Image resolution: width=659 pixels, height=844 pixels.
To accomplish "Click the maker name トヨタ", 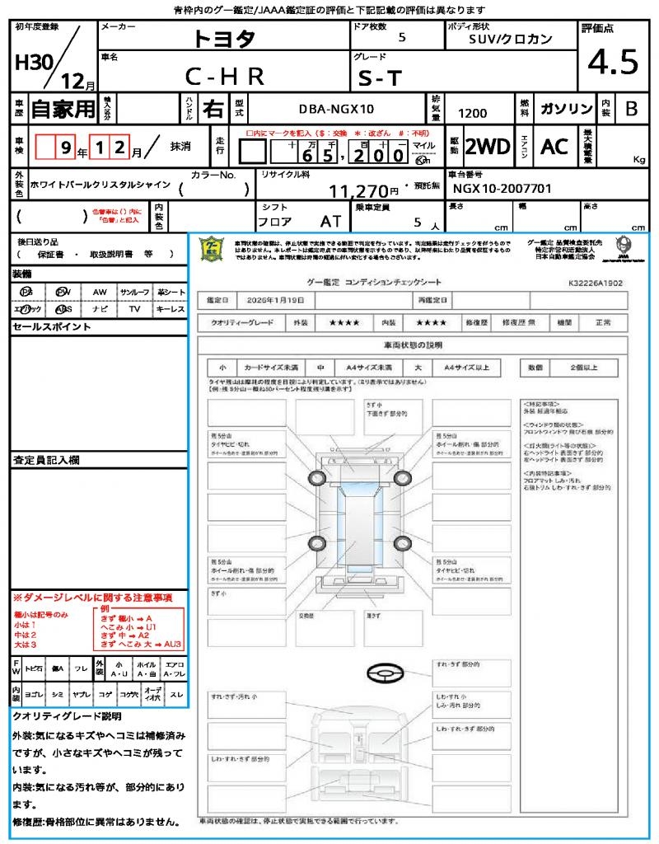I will tap(224, 39).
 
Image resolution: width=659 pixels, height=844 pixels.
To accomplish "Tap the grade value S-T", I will tap(380, 77).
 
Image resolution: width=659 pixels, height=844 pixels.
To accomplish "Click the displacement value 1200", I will tap(472, 114).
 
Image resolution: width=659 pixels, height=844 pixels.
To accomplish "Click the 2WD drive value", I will tap(488, 147).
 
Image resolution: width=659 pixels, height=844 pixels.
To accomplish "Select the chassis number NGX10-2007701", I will tap(502, 189).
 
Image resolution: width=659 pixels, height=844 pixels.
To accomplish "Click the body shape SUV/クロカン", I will tap(511, 39).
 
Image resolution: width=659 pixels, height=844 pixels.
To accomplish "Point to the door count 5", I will tap(401, 38).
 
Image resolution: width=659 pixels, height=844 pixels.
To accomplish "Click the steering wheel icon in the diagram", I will tap(385, 674).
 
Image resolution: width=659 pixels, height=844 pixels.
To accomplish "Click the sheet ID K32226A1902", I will tap(595, 282).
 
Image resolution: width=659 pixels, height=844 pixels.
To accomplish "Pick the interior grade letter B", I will tap(630, 109).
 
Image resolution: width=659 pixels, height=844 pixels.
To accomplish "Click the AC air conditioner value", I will tap(554, 147).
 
